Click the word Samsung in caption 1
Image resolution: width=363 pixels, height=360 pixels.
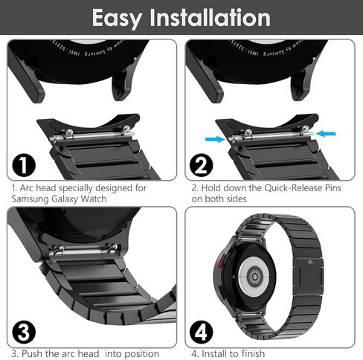32,199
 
